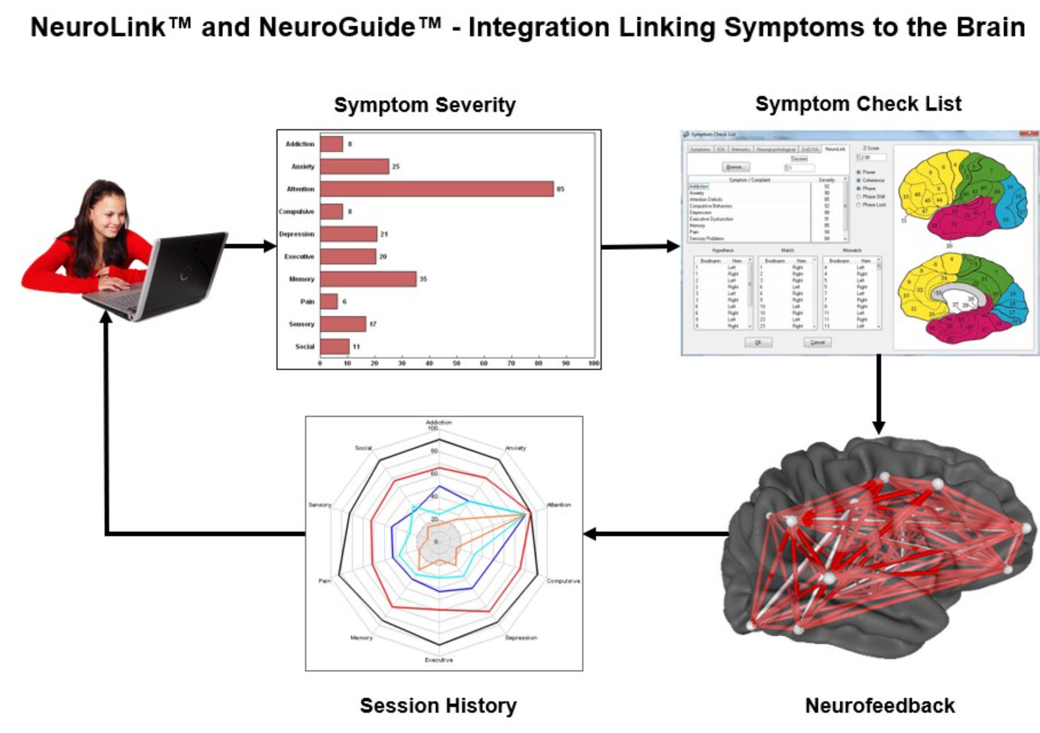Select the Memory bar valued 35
(x=368, y=279)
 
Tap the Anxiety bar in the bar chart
(x=354, y=166)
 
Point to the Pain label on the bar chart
(x=307, y=301)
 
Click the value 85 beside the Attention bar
(x=560, y=189)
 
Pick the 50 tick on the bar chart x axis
(x=457, y=363)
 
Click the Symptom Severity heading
(x=425, y=105)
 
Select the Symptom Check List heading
(x=858, y=104)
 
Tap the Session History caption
(x=438, y=705)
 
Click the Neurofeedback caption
(x=880, y=705)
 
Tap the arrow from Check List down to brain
(x=879, y=394)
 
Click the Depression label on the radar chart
(x=521, y=637)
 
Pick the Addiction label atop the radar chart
(x=438, y=422)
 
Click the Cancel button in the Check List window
(x=818, y=342)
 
